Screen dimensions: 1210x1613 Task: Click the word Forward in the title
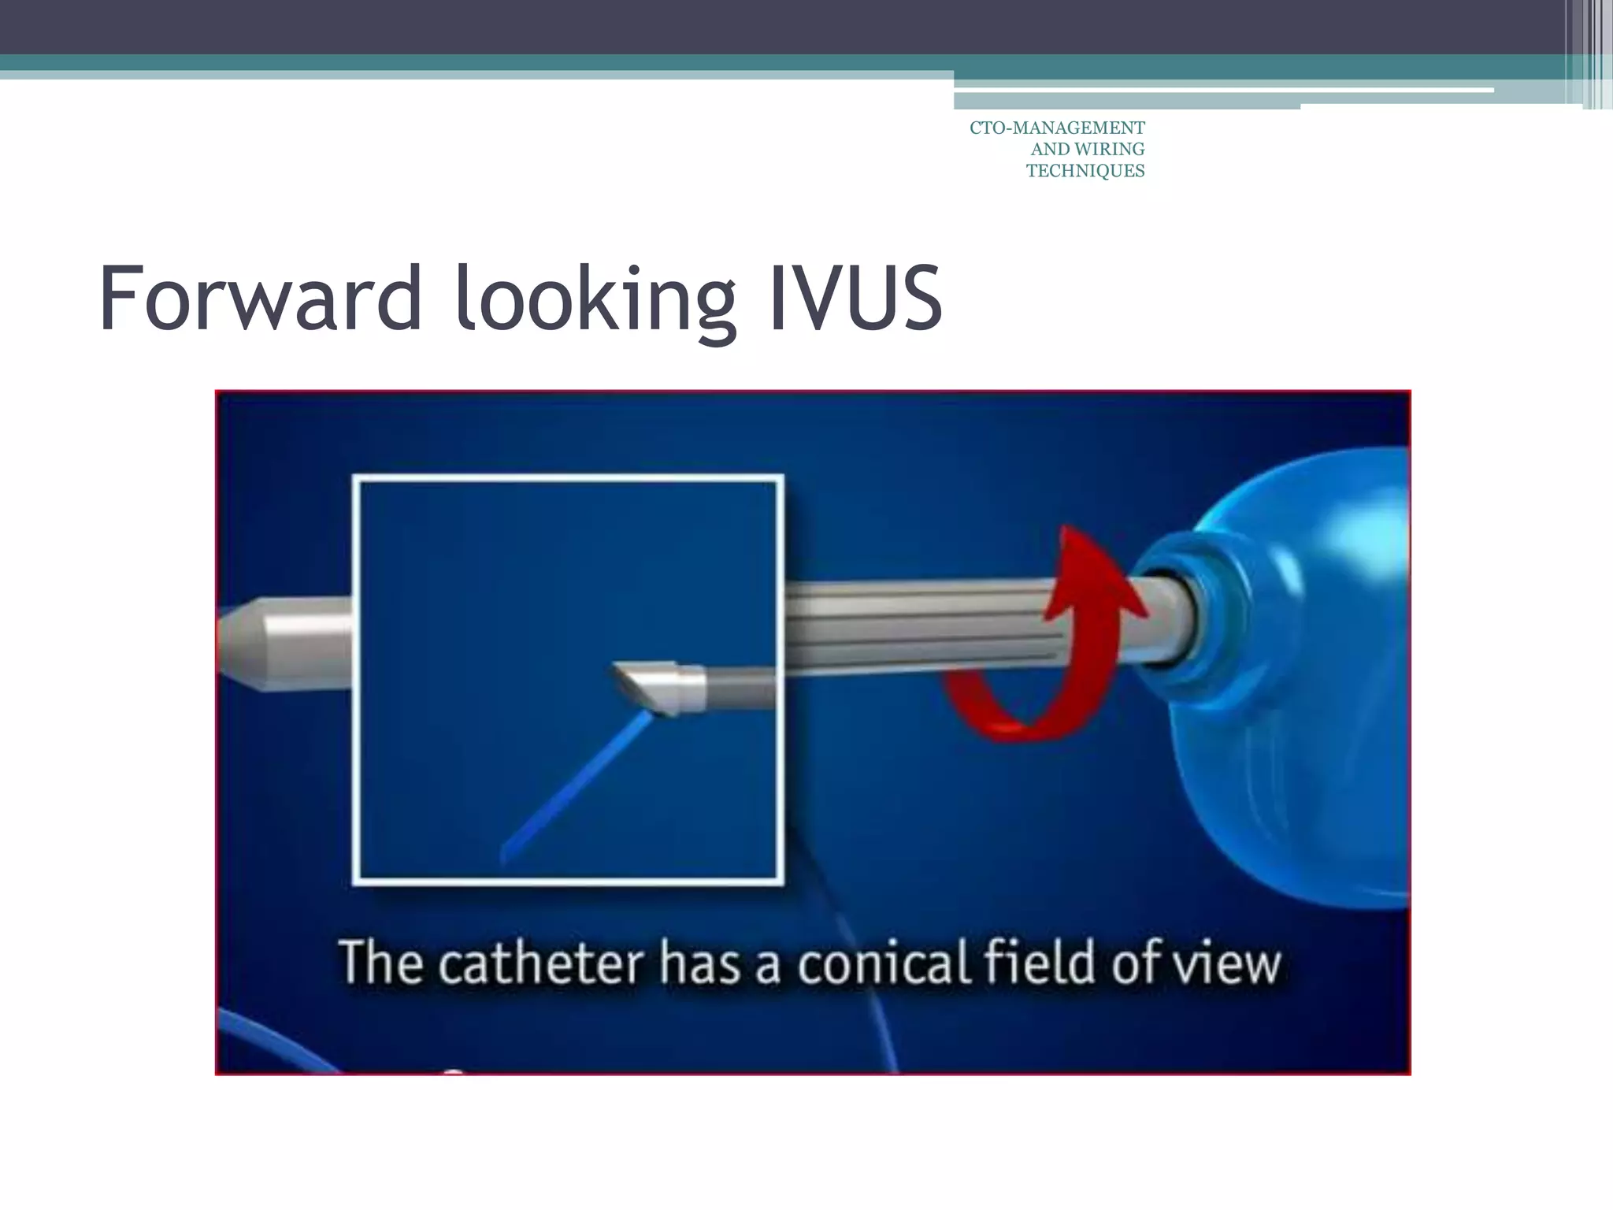point(261,299)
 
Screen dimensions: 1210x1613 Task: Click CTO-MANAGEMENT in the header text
point(1057,128)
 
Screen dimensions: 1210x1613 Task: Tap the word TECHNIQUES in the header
point(1085,170)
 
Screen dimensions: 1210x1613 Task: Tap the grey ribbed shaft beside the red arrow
point(906,630)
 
